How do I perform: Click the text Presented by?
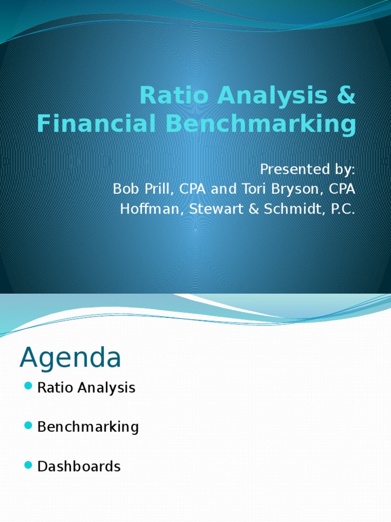(x=308, y=169)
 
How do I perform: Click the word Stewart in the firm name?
(x=209, y=209)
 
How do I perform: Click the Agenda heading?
(x=70, y=358)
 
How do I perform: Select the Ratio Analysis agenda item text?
(x=87, y=388)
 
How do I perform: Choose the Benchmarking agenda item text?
(x=88, y=427)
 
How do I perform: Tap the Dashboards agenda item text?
(x=79, y=466)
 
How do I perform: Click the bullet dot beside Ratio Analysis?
(x=28, y=386)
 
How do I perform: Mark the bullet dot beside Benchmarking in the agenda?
(x=28, y=425)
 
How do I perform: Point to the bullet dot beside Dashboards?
(x=28, y=464)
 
